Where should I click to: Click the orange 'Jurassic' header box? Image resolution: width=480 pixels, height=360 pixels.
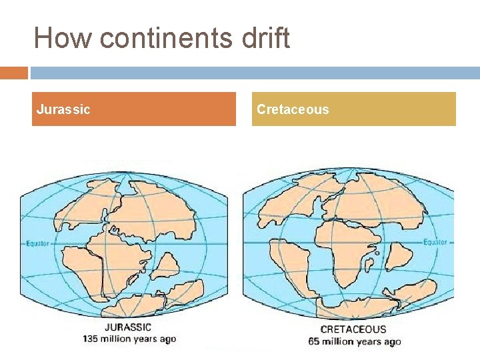click(134, 109)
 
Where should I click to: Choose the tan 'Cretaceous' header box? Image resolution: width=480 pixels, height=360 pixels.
click(354, 109)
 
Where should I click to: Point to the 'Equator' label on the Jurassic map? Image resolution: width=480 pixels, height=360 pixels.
click(38, 243)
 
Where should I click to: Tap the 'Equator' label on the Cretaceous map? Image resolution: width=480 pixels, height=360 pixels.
click(435, 242)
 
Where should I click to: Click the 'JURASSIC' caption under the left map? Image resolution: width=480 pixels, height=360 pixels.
click(128, 327)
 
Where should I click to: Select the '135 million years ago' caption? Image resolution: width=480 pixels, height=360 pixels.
click(129, 339)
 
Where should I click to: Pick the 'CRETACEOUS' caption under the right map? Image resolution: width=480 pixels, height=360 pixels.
click(353, 329)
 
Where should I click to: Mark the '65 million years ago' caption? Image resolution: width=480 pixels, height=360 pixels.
click(355, 341)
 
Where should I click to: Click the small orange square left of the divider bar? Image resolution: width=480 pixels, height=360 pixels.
click(13, 73)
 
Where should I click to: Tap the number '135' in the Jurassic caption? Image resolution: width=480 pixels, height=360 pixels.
click(91, 339)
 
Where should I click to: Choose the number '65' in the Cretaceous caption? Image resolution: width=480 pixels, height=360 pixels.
click(315, 341)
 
